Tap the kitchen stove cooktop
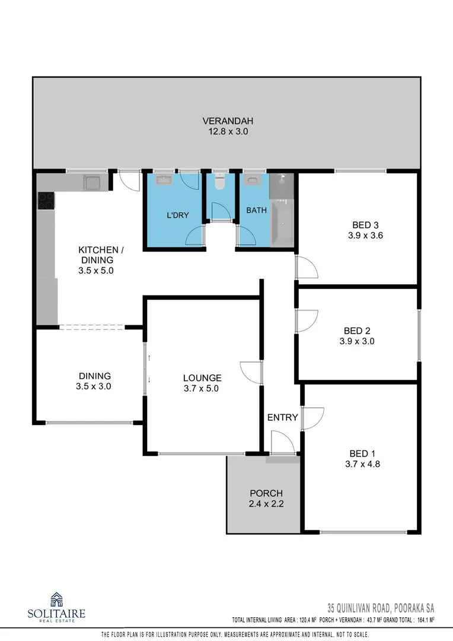(46, 201)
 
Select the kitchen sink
(92, 183)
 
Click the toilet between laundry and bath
(221, 181)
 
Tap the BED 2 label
(357, 331)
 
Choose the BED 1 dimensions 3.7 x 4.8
(362, 464)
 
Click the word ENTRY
(282, 417)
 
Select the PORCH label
(266, 493)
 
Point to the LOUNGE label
(202, 377)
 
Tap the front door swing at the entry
(282, 442)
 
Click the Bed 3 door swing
(307, 268)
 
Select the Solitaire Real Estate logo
(57, 607)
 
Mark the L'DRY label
(177, 215)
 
